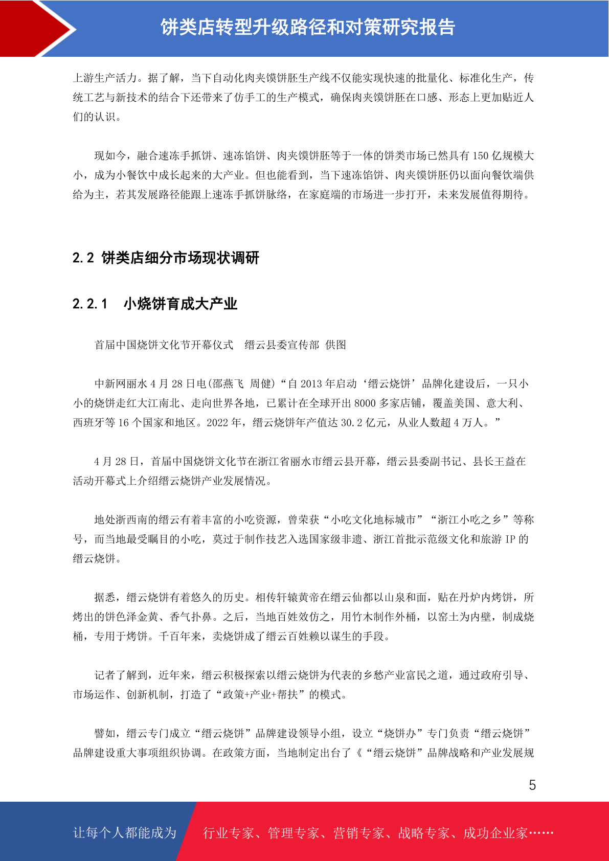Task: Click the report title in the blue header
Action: click(308, 28)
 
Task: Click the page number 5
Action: click(532, 785)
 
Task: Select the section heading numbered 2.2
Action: click(166, 258)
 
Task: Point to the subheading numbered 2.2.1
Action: click(155, 304)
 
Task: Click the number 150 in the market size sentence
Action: click(480, 156)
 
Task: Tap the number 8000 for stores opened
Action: click(365, 403)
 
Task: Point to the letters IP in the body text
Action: click(510, 539)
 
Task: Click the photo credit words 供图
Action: click(335, 345)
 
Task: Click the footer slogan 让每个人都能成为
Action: click(125, 833)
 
